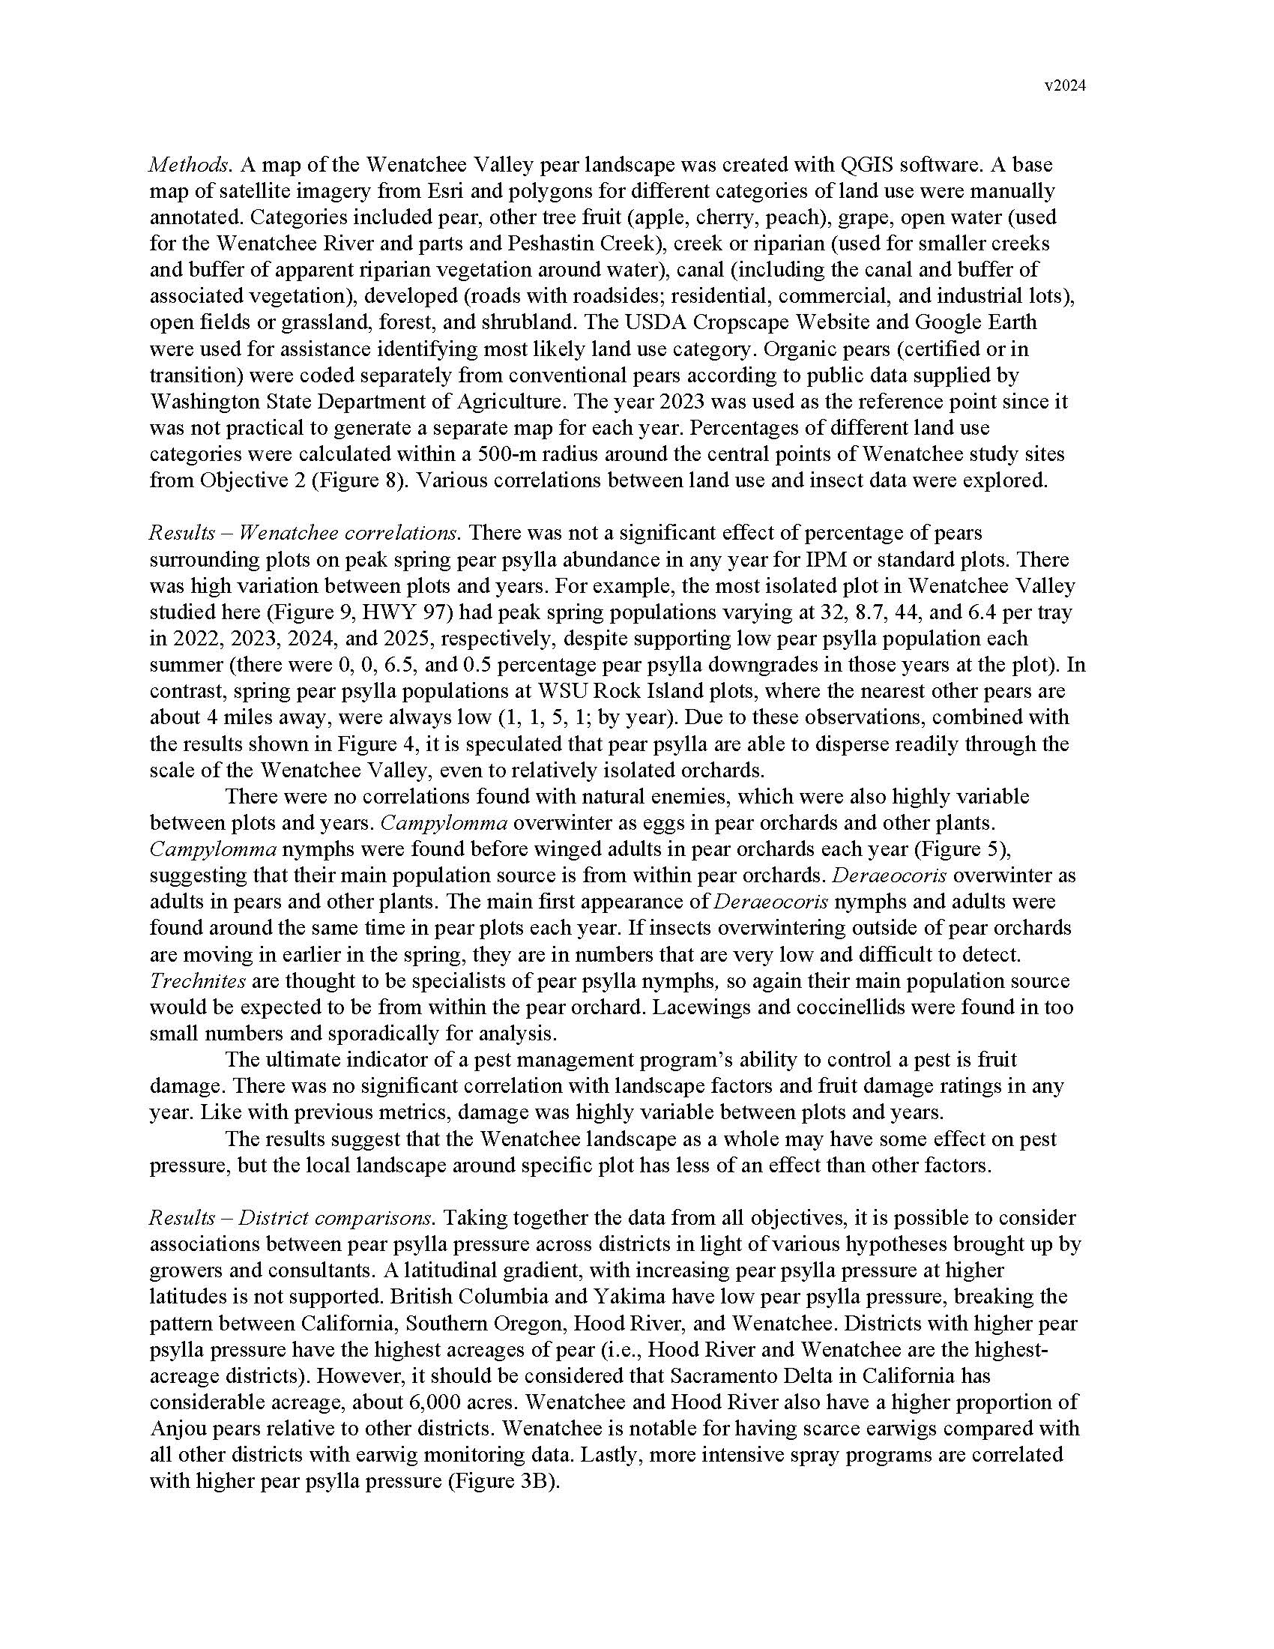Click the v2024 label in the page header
click(x=1065, y=86)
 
